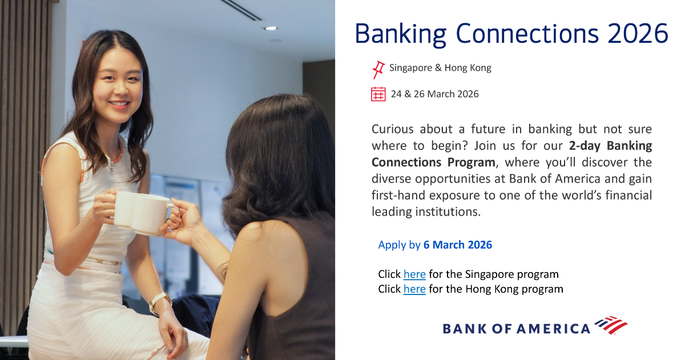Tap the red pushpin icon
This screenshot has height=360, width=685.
(378, 69)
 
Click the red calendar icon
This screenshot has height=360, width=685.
(378, 94)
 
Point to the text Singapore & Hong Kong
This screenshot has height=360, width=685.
(440, 68)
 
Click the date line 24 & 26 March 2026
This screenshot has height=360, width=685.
(434, 94)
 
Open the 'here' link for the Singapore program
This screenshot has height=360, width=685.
(414, 274)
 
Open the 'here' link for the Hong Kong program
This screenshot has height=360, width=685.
(414, 289)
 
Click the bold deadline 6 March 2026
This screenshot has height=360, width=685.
(457, 245)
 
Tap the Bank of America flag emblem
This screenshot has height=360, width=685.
(611, 325)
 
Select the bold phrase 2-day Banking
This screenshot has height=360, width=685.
(610, 145)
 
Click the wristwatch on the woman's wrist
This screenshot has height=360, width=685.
(159, 301)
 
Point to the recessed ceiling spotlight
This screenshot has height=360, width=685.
(271, 28)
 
